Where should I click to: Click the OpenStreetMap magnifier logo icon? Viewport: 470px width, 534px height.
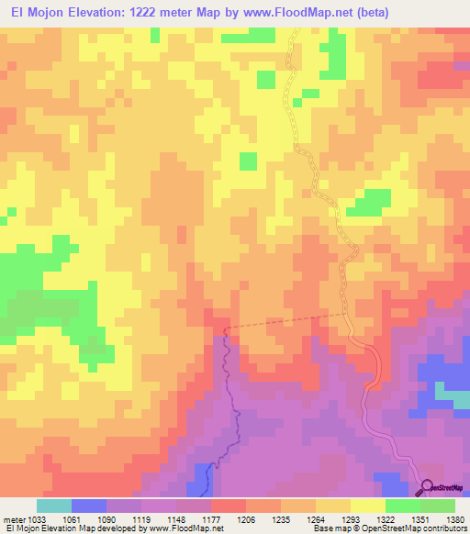[427, 487]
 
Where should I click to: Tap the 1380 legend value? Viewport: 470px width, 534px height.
[454, 519]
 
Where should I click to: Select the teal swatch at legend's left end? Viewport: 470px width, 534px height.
[54, 506]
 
